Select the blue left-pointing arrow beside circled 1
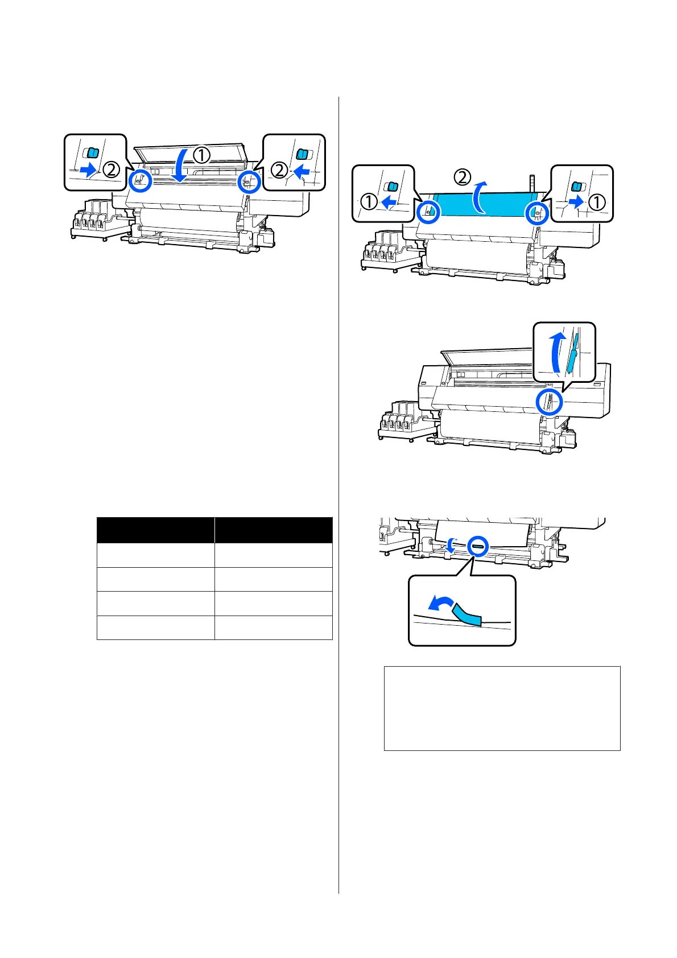coord(388,201)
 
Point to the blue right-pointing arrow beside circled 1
coord(576,201)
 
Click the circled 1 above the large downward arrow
coord(201,154)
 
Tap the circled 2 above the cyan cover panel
coord(463,177)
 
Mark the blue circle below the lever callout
coord(550,402)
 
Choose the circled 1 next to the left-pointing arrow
coord(369,201)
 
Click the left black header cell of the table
coord(155,530)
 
